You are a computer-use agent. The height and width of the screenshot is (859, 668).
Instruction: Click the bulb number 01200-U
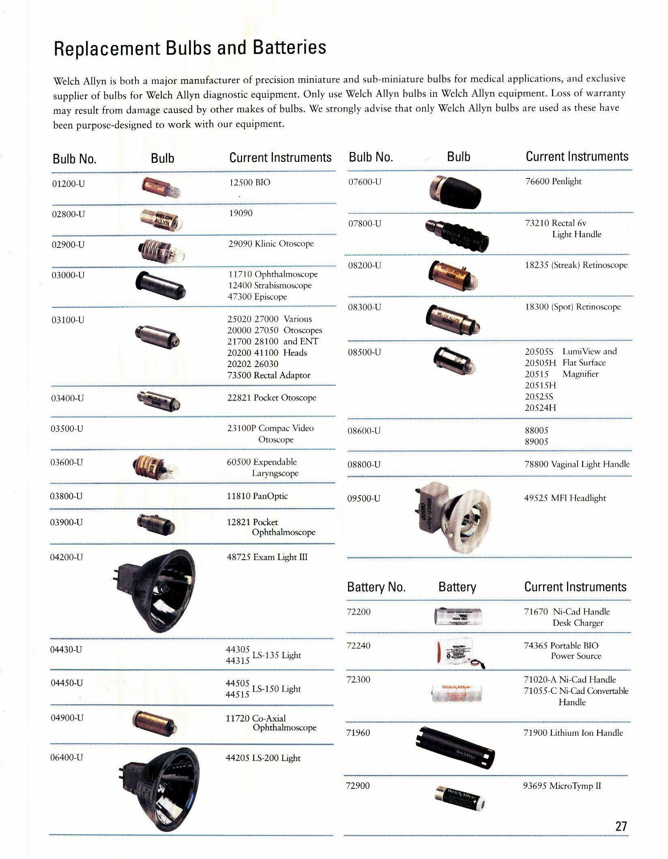pos(69,184)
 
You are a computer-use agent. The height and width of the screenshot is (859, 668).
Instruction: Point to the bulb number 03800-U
pos(66,496)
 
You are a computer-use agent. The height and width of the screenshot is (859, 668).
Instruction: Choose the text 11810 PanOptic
pos(257,496)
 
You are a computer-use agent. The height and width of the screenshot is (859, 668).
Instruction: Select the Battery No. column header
pos(376,587)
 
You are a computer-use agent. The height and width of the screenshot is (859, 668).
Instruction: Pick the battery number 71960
pos(359,733)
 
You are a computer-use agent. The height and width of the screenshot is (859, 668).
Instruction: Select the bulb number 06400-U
pos(66,757)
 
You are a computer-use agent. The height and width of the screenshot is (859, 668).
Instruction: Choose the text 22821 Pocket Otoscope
pos(271,398)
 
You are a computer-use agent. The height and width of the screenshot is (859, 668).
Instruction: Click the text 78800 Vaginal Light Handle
pos(577,464)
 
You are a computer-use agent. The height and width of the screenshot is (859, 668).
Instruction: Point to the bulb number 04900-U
pos(67,718)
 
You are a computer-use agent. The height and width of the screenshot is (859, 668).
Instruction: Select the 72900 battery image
pos(460,796)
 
